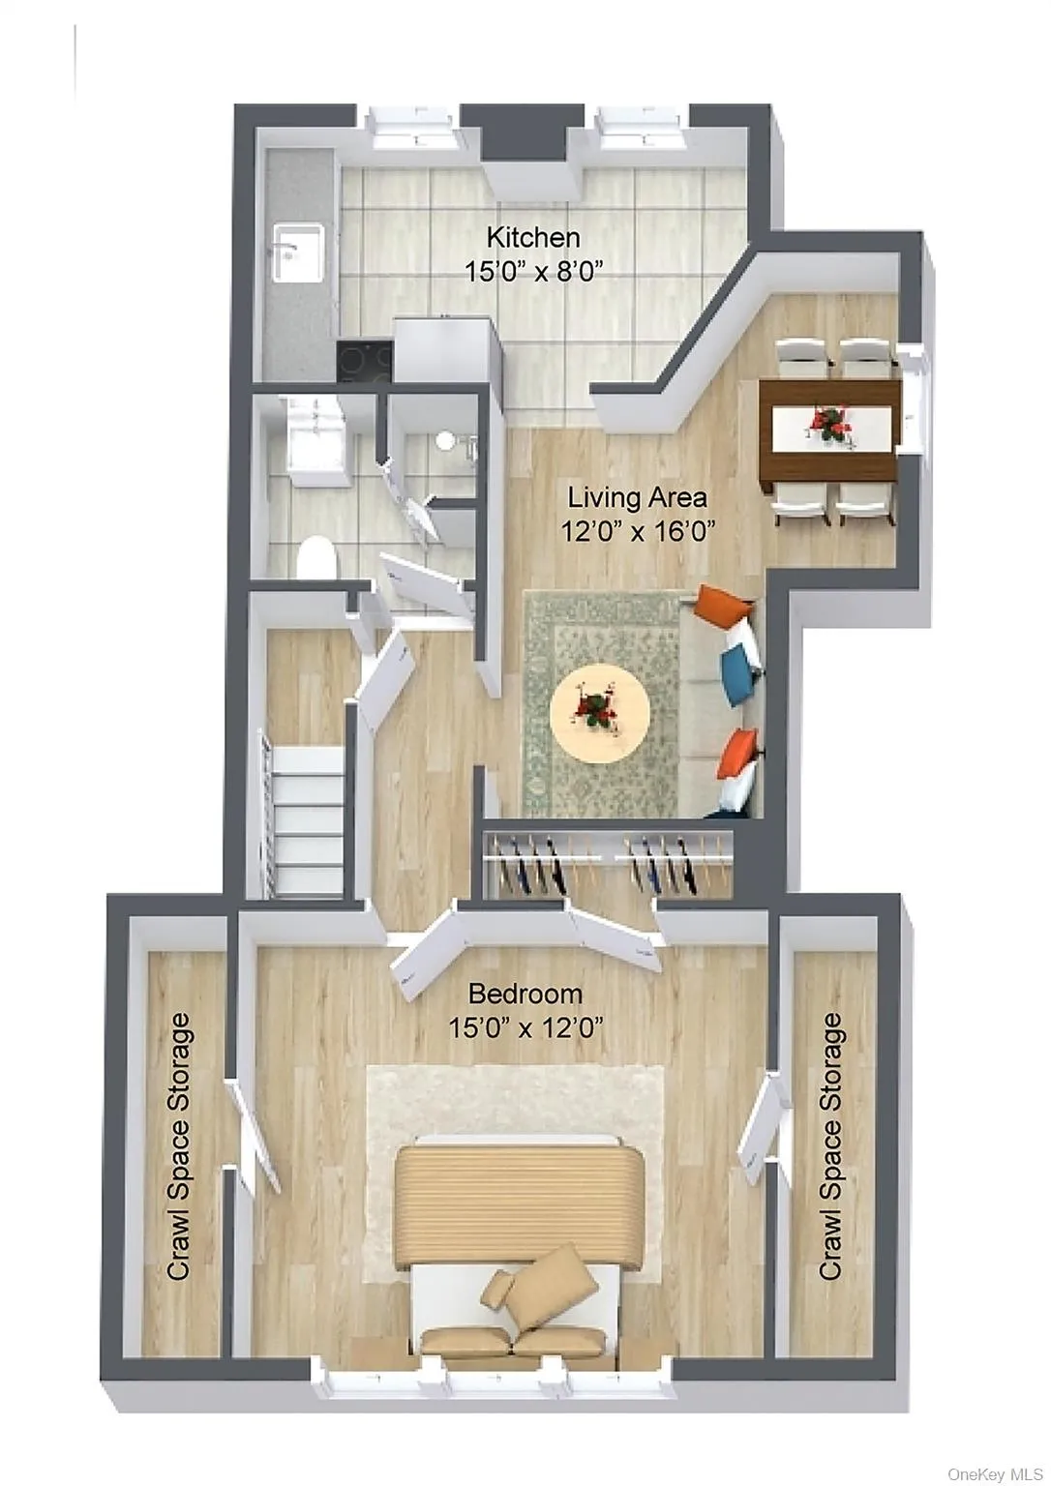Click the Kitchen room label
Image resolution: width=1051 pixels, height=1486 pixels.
click(532, 237)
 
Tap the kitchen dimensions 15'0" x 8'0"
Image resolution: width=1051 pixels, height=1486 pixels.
click(533, 270)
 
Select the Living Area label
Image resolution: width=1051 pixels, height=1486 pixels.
click(636, 497)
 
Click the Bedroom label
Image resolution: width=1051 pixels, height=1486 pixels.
click(525, 994)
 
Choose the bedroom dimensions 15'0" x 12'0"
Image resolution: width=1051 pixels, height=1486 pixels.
click(525, 1027)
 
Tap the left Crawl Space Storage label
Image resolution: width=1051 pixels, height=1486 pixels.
click(179, 1146)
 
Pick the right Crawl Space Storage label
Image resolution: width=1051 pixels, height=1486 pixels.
click(830, 1146)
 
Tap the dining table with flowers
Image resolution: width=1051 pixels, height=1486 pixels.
click(829, 428)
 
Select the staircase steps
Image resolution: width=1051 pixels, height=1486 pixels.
click(304, 819)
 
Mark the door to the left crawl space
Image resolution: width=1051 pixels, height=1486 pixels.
click(253, 1136)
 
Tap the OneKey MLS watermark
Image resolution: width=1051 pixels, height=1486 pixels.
click(994, 1473)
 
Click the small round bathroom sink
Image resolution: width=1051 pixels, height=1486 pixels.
click(445, 441)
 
